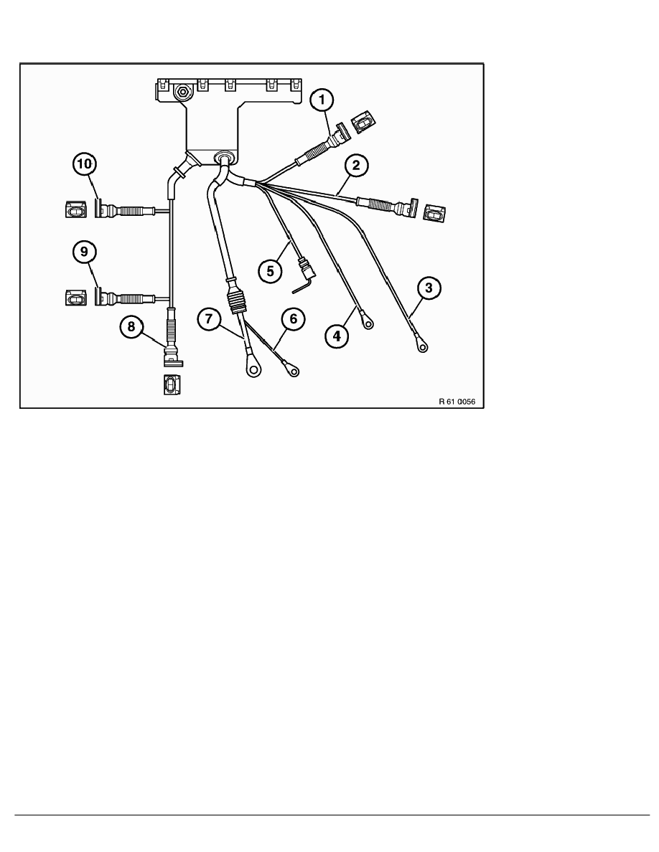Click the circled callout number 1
point(322,100)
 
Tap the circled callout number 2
point(356,165)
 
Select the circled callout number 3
point(429,288)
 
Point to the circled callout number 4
point(337,335)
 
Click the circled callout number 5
point(271,270)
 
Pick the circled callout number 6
point(294,319)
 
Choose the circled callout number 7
point(210,318)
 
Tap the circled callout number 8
point(131,326)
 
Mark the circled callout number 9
point(84,252)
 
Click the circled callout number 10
point(84,164)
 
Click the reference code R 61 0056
point(457,402)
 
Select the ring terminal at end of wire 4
point(368,324)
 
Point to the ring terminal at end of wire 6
point(294,371)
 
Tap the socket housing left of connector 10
point(75,209)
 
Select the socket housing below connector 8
point(172,384)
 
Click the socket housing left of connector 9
point(75,298)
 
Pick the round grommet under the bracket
point(223,157)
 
